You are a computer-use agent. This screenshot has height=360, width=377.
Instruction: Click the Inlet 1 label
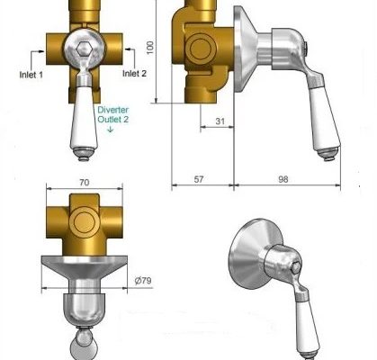tap(31, 75)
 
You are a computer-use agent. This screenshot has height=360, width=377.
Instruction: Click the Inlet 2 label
tap(134, 74)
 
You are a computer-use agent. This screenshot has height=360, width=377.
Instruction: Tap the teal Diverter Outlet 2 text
tap(113, 114)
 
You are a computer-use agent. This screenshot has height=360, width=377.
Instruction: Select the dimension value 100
tap(150, 48)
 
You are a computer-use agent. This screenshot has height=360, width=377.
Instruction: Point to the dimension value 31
tap(220, 121)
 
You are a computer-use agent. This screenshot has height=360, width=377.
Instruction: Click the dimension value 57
tap(199, 179)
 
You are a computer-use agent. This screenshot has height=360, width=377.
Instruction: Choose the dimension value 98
tap(283, 179)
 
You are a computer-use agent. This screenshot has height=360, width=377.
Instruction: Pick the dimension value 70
tap(85, 183)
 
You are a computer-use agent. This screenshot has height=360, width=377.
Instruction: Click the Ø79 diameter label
tap(143, 281)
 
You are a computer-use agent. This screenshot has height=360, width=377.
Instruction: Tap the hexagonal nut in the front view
tap(84, 48)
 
